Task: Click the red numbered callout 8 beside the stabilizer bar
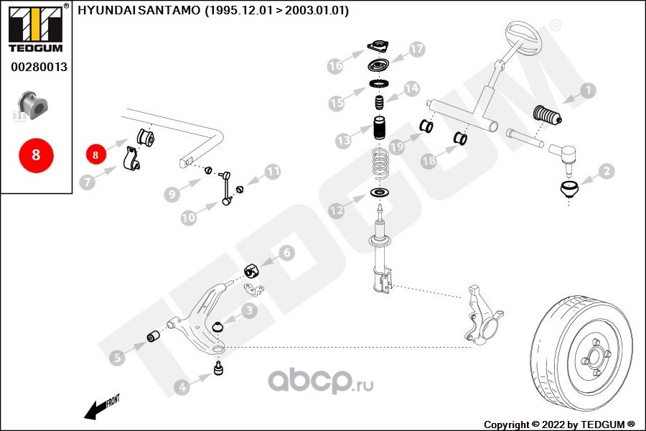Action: click(96, 153)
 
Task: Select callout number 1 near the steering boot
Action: click(589, 91)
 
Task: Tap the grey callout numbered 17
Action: click(417, 50)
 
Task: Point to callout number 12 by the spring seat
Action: click(337, 211)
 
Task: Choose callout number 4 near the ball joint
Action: click(182, 388)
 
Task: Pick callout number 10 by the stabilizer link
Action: click(189, 215)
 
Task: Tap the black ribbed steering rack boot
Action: click(547, 116)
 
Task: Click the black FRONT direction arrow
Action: click(101, 407)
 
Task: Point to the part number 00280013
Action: click(39, 67)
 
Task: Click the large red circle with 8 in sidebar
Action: click(36, 155)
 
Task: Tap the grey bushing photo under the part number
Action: click(34, 104)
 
